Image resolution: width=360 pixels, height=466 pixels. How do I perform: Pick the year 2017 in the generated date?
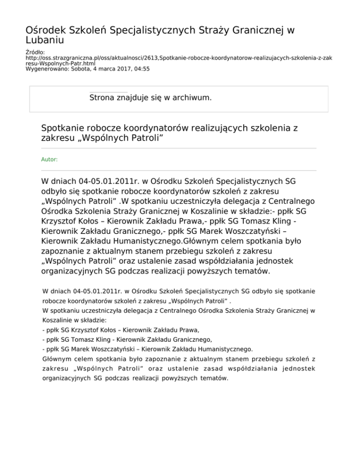coord(122,68)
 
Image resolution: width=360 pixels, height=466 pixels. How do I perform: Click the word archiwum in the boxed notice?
coord(188,98)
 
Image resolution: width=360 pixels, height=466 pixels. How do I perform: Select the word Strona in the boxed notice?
coord(103,98)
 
